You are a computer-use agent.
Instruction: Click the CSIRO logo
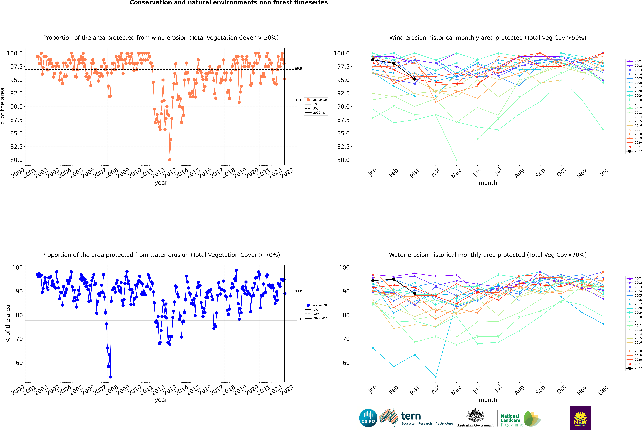coord(368,418)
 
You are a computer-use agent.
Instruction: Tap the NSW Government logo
coord(580,418)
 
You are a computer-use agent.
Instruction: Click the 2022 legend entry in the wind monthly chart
coord(634,151)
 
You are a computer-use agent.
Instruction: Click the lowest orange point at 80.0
coord(170,160)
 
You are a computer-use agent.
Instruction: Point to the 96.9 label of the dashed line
coord(298,69)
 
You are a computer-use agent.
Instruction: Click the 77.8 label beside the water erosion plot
coord(298,319)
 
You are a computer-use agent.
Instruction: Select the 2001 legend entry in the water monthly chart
coord(634,278)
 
